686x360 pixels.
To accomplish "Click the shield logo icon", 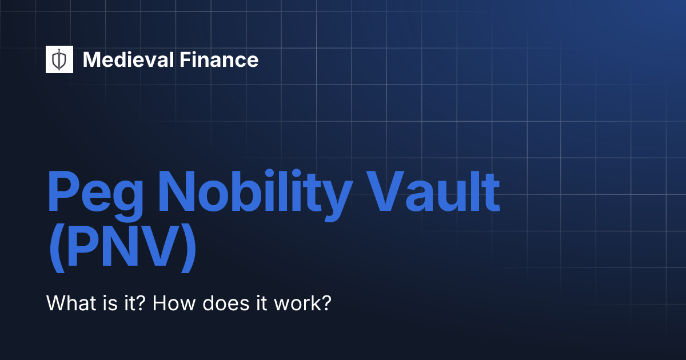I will click(x=59, y=59).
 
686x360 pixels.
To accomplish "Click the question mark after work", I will click(x=326, y=302).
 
